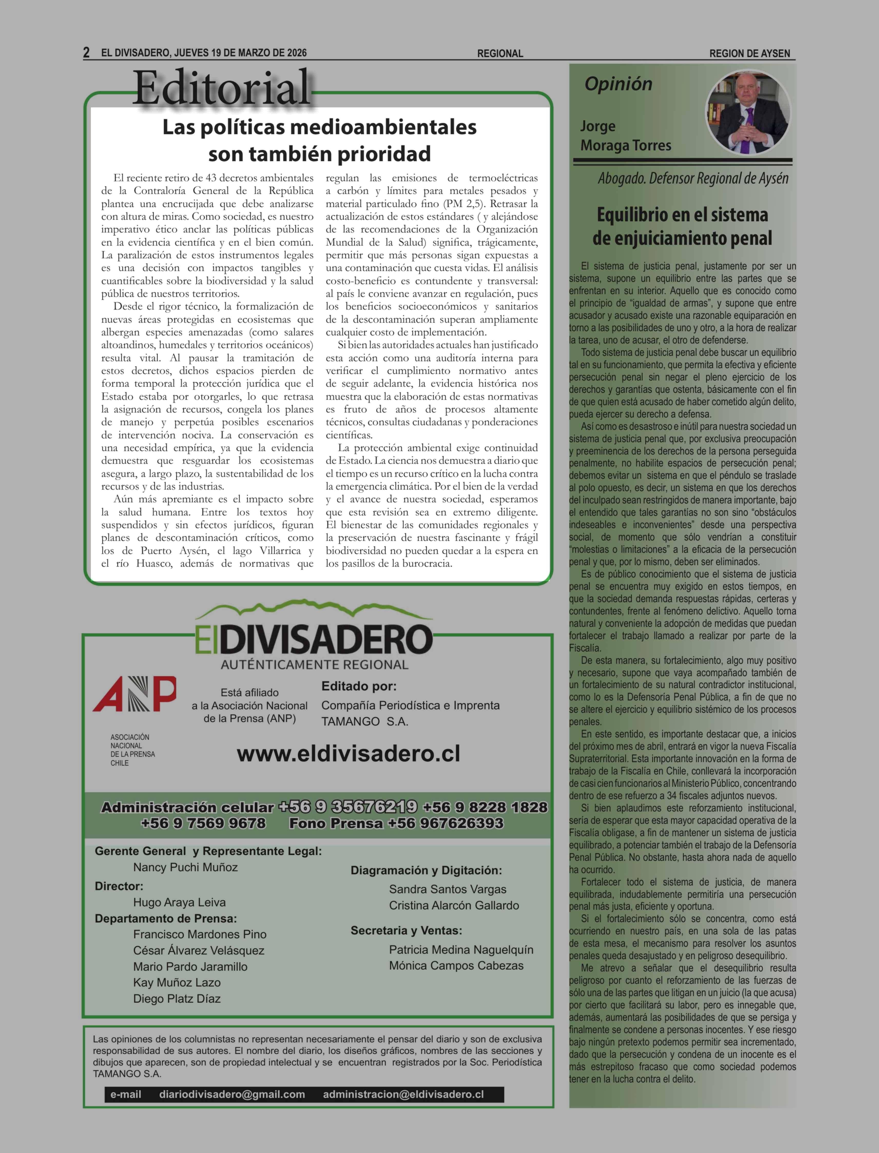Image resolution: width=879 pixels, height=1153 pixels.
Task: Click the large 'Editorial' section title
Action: [x=222, y=88]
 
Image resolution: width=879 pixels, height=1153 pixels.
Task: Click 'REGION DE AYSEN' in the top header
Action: [x=749, y=53]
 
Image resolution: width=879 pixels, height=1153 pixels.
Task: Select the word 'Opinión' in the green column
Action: [x=619, y=84]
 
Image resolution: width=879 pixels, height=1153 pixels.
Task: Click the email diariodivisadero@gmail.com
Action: [x=232, y=1094]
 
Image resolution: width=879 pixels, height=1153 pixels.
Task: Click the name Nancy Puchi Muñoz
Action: [x=185, y=867]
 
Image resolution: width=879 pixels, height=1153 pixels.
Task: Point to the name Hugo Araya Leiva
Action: [x=179, y=902]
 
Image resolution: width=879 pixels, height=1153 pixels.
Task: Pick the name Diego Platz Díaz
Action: [x=177, y=999]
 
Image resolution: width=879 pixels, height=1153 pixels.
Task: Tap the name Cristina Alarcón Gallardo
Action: [x=454, y=905]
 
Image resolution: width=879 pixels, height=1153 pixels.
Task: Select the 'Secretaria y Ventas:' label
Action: [x=406, y=931]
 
